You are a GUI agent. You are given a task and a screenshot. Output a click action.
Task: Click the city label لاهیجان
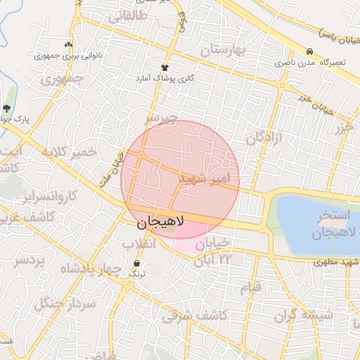click(x=160, y=224)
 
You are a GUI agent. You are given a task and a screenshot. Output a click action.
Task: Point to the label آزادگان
click(x=264, y=136)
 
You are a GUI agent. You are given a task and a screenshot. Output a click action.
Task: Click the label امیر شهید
click(x=204, y=178)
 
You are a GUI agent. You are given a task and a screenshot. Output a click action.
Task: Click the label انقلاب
click(x=139, y=245)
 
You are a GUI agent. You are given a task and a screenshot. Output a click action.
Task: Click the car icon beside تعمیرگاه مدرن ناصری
click(x=309, y=53)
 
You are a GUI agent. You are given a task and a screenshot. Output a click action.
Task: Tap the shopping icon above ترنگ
click(x=136, y=264)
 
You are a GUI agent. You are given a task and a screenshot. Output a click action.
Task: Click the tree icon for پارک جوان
click(x=7, y=108)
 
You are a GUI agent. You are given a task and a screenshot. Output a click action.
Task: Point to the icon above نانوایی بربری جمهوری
click(x=68, y=44)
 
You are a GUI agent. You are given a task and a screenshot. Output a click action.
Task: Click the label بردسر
click(x=30, y=262)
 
